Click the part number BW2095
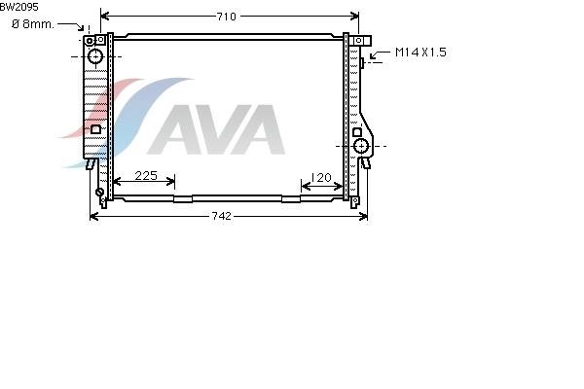coord(19,7)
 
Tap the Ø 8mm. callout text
coord(33,24)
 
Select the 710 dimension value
coord(227,17)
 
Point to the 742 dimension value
coord(221,216)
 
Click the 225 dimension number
coord(146,175)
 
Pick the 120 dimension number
coord(321,178)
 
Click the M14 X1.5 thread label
coord(420,53)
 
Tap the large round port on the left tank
coord(95,56)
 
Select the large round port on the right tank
coord(361,146)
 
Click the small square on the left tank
coord(95,129)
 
